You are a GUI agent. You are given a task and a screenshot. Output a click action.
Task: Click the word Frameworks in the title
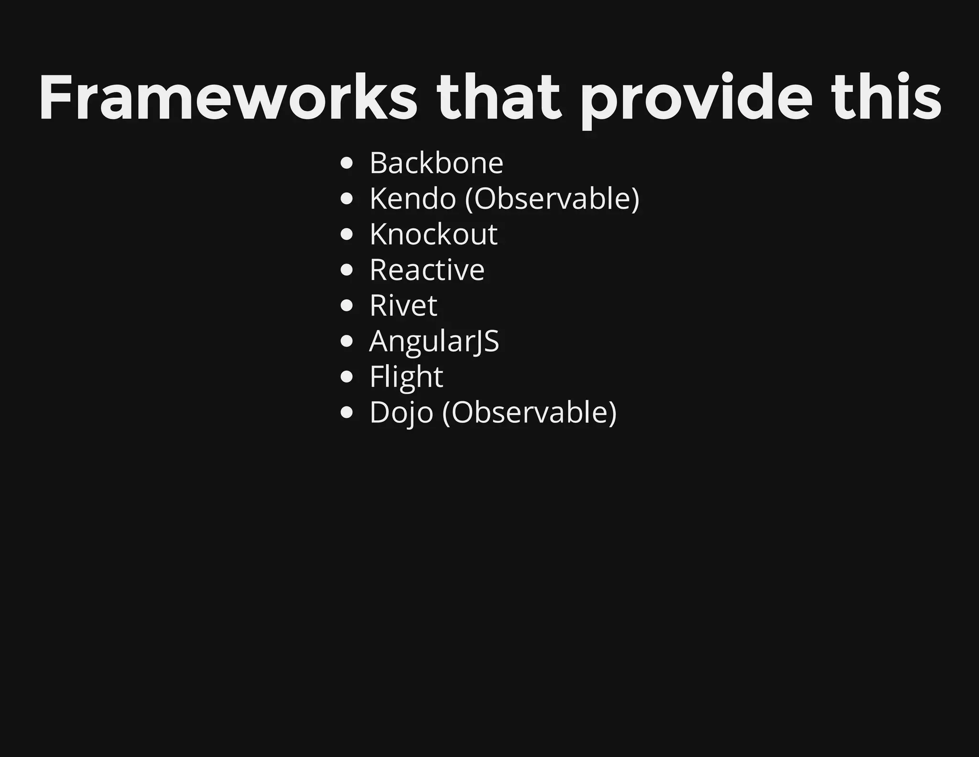(228, 98)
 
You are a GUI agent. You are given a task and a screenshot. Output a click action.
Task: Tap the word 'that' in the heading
(498, 98)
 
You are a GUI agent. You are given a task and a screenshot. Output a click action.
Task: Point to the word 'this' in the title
(887, 98)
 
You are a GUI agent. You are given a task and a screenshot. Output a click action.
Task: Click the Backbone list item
(436, 163)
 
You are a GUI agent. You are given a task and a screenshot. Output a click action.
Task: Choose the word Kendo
(413, 199)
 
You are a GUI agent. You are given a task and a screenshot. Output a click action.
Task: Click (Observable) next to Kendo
(552, 199)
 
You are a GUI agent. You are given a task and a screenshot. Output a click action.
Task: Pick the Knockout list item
(433, 234)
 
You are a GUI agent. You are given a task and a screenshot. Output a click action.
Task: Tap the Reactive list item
(426, 270)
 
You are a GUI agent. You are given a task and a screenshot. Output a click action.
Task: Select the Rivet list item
(403, 305)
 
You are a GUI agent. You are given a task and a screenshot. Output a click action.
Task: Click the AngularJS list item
(434, 341)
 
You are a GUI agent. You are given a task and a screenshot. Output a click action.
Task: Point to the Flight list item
(406, 377)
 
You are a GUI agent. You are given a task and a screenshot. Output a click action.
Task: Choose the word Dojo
(401, 412)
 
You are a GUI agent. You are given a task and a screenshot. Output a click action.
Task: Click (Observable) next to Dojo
(530, 412)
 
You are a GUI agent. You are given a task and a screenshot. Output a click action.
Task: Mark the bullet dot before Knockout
(347, 235)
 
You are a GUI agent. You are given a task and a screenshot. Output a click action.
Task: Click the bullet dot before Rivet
(347, 306)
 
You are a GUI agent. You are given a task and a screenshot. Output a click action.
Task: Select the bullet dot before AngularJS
(347, 342)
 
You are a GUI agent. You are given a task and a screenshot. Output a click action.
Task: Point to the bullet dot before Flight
(347, 377)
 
